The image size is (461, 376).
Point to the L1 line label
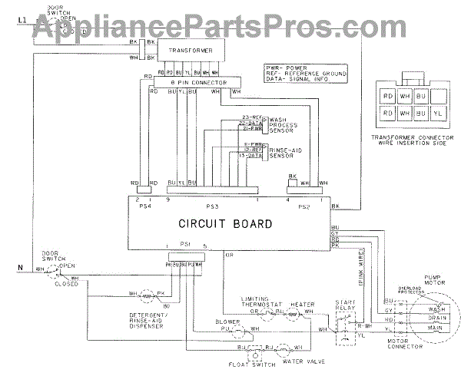coord(21,16)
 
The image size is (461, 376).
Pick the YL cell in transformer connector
coord(438,113)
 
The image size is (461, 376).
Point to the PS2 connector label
coord(303,206)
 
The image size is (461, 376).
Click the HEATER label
coord(302,304)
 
